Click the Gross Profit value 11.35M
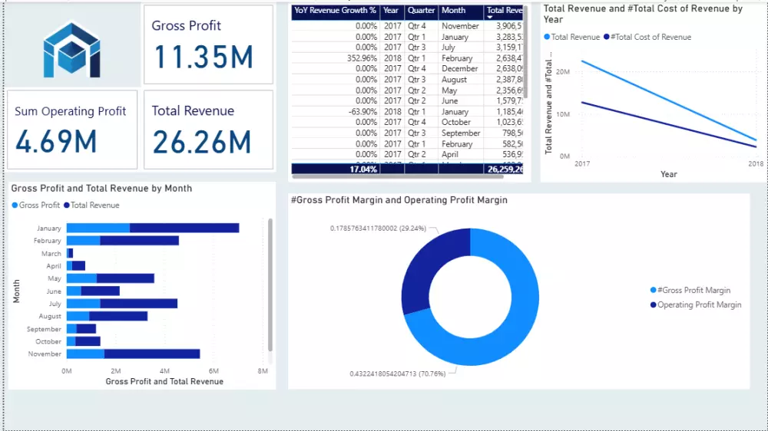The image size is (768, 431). pos(204,58)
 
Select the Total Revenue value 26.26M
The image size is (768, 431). pos(202,143)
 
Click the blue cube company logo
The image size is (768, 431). pos(71,50)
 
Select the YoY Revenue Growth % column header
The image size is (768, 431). pos(335,11)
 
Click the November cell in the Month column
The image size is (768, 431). pos(460,26)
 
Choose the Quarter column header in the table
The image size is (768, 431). pos(421,11)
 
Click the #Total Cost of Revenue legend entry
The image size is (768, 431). pos(651,37)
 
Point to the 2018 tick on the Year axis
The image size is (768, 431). pos(756,164)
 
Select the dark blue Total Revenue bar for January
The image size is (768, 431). pos(184,228)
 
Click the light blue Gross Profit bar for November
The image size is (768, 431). pos(85,354)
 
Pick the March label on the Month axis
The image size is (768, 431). pos(51,254)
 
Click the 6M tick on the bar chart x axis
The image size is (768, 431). pos(214,371)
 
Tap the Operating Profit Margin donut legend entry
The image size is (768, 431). pos(699,304)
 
